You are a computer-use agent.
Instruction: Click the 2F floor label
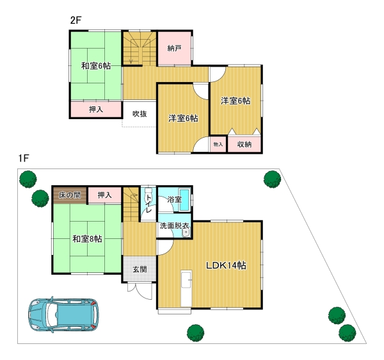(76, 20)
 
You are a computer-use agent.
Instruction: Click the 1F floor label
(24, 158)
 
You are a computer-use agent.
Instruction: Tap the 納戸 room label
(174, 48)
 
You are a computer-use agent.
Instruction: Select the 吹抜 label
(140, 114)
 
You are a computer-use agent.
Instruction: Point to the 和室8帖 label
(87, 239)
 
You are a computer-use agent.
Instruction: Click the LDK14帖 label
(226, 265)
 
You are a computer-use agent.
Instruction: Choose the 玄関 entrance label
(140, 269)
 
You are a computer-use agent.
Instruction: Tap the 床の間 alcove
(70, 195)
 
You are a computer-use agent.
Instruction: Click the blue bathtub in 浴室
(185, 200)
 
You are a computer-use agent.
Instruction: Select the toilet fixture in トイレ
(149, 192)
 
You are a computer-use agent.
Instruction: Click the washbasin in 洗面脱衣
(186, 233)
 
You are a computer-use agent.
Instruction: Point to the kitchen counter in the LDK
(186, 288)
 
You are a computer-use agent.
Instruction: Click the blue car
(64, 315)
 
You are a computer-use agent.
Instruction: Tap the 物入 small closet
(218, 144)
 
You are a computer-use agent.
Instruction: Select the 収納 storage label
(244, 144)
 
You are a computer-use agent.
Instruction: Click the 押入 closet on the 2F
(96, 110)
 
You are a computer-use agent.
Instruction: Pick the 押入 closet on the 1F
(104, 195)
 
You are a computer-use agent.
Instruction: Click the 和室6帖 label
(96, 66)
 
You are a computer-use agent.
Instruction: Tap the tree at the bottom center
(195, 333)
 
